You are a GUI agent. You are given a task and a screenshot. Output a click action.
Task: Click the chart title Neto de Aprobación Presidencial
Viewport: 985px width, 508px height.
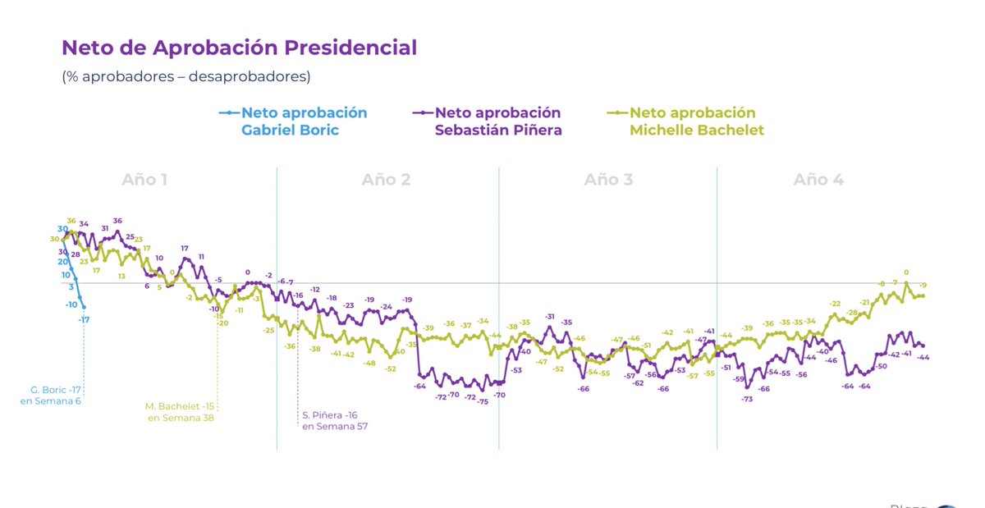pos(240,48)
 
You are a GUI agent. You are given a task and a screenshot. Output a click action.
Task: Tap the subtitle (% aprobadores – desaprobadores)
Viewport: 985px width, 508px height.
pos(186,76)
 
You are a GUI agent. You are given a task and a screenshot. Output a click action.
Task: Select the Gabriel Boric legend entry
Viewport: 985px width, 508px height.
pos(303,121)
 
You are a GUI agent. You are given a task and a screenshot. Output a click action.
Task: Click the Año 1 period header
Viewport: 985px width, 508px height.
pos(144,180)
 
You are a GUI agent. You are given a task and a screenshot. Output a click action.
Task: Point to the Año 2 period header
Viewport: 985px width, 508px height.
pos(386,180)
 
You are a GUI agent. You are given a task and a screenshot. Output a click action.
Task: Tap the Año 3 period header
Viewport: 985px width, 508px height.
pos(608,180)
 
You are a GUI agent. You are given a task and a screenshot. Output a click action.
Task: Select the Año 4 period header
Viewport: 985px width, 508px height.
pos(818,180)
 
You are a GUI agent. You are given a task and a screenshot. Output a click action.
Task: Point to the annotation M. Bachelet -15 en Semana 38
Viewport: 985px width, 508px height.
pos(180,412)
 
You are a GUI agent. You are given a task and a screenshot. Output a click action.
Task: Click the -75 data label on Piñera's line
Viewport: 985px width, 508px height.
pos(483,401)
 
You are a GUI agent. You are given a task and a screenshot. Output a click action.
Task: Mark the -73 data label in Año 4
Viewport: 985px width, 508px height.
pos(747,399)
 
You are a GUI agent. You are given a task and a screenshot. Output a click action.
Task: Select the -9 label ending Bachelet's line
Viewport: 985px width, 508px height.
pos(923,285)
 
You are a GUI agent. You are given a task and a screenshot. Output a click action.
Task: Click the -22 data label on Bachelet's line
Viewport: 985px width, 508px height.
pos(835,304)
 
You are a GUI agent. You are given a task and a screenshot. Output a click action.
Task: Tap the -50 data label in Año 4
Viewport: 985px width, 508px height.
pos(882,366)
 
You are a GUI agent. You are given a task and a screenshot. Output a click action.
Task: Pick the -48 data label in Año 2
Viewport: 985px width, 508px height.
pos(369,363)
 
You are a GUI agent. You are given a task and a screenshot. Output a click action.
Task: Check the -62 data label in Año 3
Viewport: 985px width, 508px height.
pos(638,383)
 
